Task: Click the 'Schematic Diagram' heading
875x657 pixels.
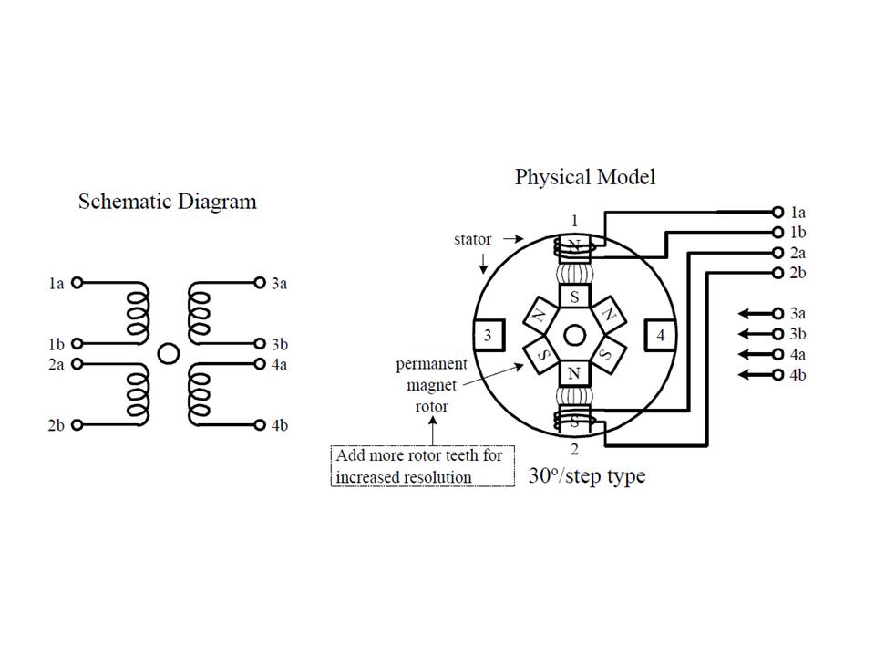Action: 167,201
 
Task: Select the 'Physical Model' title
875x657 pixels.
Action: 584,176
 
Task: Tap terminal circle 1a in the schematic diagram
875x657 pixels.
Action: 77,283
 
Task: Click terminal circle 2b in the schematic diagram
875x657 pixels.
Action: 77,424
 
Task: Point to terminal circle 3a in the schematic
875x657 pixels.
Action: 260,283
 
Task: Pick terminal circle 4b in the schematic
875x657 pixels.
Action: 260,424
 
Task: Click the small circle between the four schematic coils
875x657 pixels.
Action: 168,353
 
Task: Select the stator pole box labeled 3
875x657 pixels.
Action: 488,336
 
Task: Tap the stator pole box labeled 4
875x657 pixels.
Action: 661,336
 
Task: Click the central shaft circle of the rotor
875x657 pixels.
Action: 574,336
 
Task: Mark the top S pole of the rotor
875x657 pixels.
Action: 574,297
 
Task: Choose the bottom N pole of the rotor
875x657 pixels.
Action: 574,373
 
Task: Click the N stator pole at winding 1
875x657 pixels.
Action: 574,245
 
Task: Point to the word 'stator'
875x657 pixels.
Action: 472,239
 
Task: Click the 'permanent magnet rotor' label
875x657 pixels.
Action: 431,384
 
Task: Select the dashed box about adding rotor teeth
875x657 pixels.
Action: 422,465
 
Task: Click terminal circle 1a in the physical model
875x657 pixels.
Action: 777,211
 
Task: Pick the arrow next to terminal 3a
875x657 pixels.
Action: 753,313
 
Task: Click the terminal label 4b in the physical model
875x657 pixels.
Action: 798,375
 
